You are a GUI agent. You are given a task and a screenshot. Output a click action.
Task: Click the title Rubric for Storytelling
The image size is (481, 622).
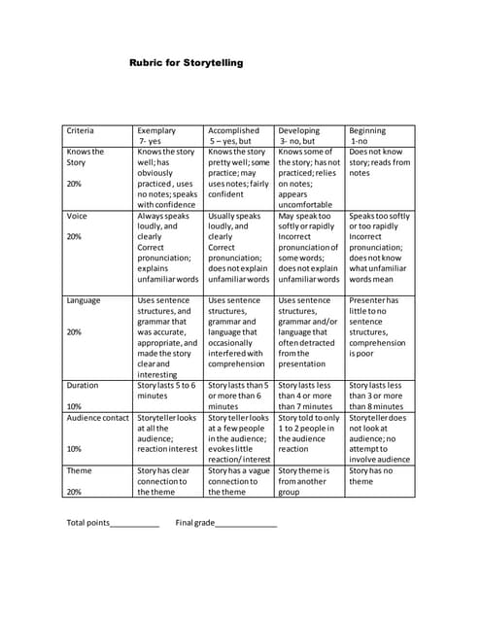click(186, 63)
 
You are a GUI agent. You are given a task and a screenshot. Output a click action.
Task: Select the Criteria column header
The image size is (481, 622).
click(80, 130)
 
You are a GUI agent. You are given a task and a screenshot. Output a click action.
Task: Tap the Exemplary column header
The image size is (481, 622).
click(156, 135)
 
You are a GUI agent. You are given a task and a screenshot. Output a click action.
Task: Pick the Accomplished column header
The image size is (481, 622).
click(233, 135)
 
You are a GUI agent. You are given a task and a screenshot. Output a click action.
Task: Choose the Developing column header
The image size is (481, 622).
click(298, 135)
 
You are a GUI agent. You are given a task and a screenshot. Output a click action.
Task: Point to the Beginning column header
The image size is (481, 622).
click(367, 135)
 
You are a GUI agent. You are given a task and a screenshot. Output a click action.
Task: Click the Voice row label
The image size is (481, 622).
click(77, 216)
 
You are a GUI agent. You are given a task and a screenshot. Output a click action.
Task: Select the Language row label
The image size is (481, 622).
click(84, 300)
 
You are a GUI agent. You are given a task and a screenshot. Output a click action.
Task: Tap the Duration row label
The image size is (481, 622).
click(83, 385)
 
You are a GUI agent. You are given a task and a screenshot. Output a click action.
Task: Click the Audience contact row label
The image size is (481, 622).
click(97, 418)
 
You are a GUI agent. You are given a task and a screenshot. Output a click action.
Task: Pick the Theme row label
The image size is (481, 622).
click(79, 469)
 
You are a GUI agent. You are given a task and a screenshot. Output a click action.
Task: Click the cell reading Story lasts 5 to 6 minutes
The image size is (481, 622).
click(168, 391)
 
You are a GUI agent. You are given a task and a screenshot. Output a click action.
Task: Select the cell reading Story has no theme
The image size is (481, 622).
click(371, 475)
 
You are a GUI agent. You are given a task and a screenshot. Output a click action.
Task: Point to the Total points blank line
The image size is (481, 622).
click(134, 525)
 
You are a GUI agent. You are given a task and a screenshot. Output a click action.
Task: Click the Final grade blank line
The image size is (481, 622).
click(246, 525)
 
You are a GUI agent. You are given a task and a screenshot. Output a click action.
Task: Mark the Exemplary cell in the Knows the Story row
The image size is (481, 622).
click(168, 178)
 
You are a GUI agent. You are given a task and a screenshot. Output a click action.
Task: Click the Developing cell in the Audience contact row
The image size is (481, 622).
click(309, 433)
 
